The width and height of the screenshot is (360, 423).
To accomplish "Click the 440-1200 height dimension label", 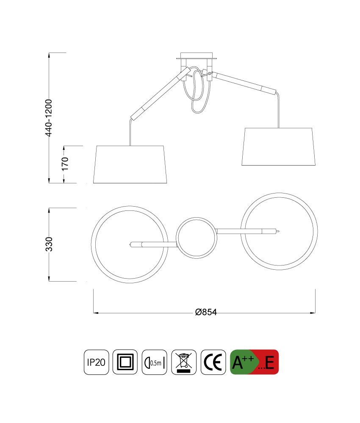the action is click(49, 118).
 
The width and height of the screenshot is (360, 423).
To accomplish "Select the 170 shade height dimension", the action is click(65, 163).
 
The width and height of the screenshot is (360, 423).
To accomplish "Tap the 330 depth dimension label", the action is click(49, 244).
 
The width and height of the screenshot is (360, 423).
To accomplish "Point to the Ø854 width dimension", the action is click(206, 312).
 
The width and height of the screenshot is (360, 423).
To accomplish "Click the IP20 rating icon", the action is click(96, 362).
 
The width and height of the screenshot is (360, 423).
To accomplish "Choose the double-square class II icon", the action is click(125, 362).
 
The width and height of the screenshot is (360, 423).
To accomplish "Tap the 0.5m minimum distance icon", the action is click(154, 362).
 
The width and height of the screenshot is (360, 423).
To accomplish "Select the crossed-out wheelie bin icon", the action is click(184, 362).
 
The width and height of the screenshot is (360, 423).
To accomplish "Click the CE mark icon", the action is click(213, 362).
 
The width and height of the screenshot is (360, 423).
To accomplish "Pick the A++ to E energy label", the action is click(254, 362).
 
